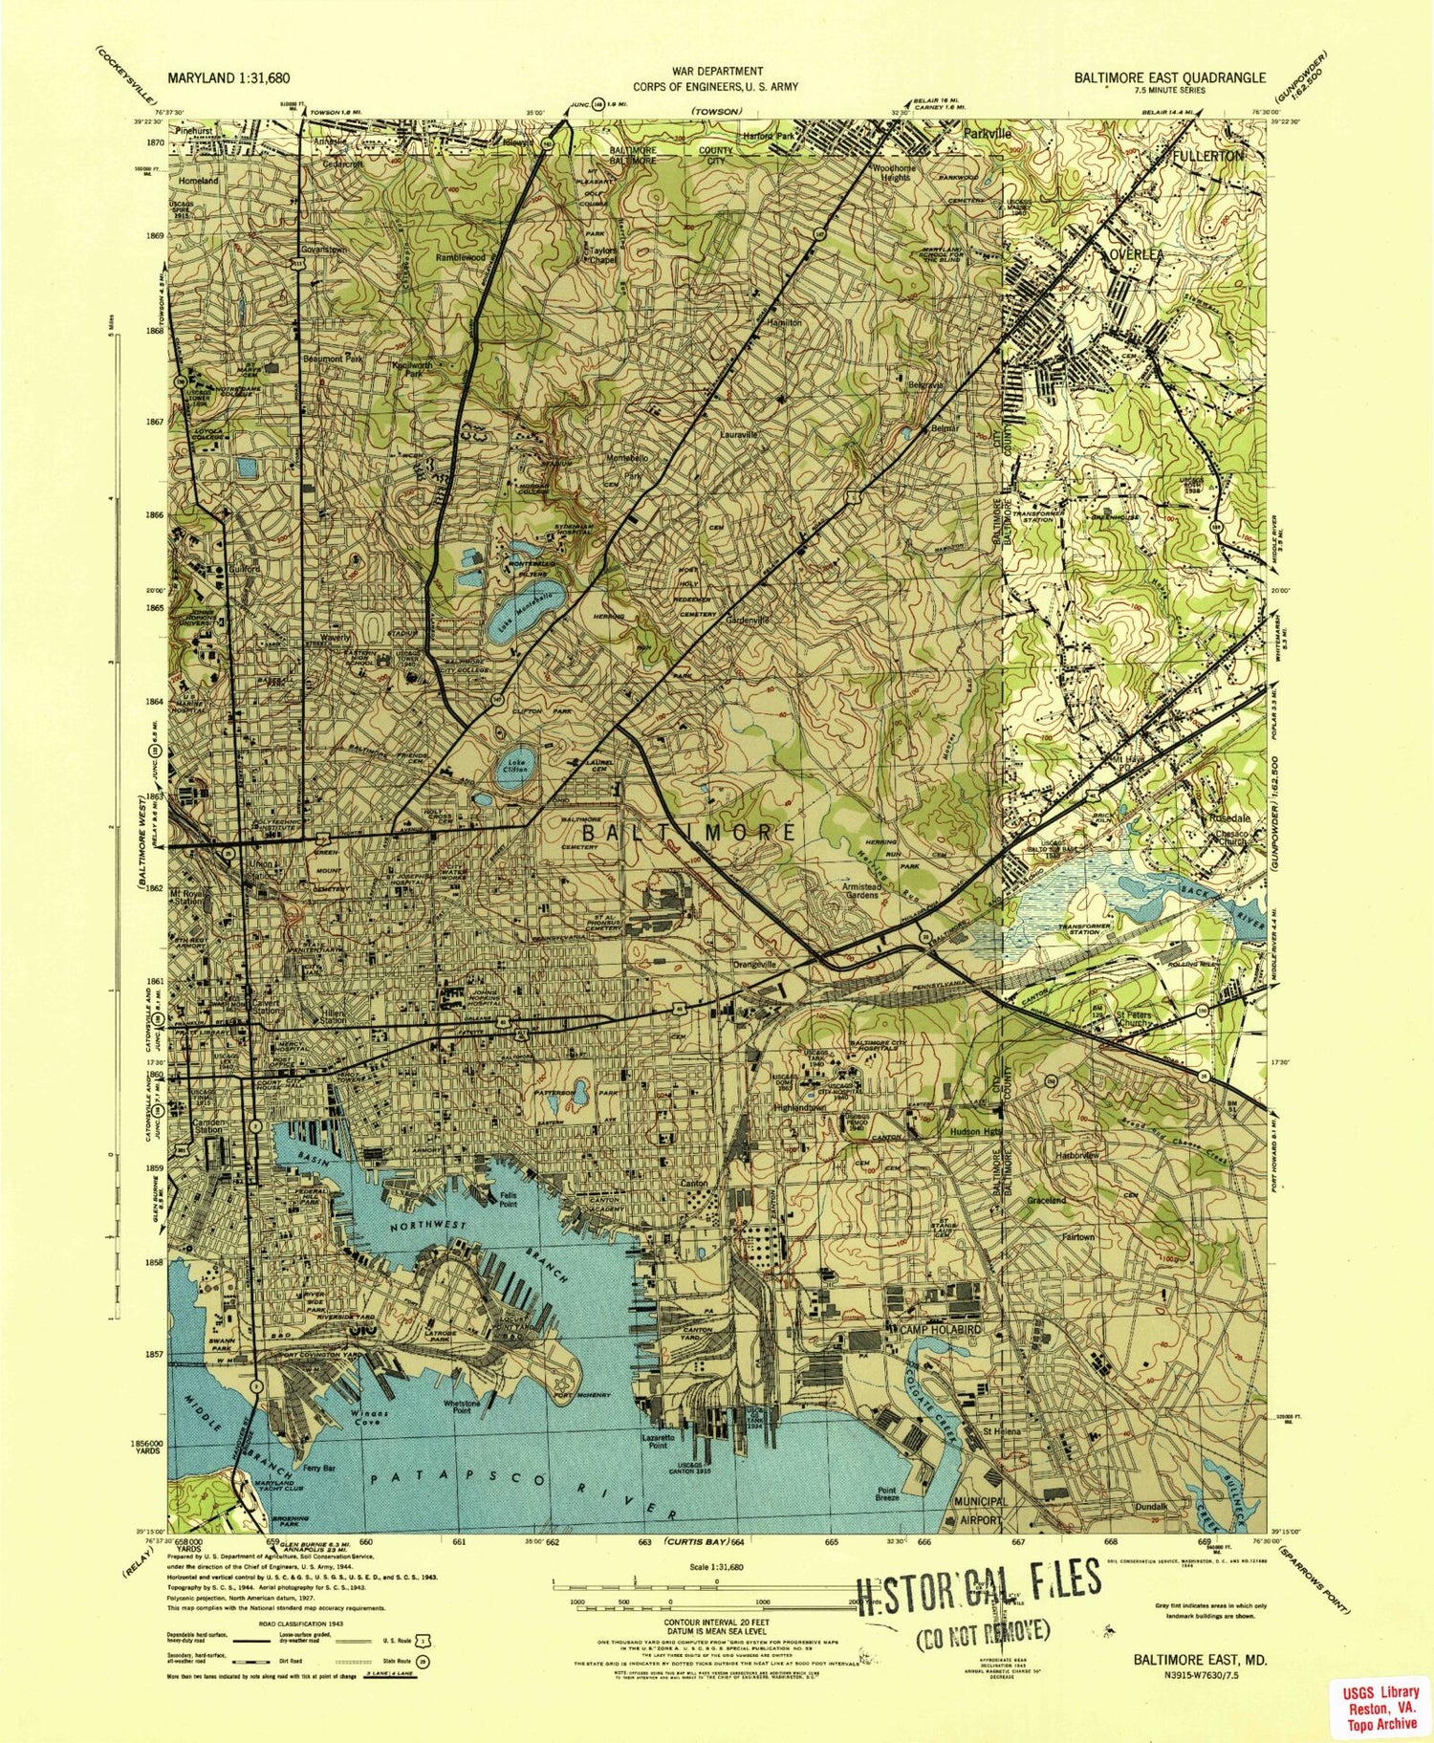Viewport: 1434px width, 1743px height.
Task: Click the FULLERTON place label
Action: pos(1209,155)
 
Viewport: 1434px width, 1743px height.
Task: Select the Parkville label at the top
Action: pos(987,135)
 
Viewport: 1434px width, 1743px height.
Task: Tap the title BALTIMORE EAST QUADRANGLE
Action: pos(1169,78)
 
